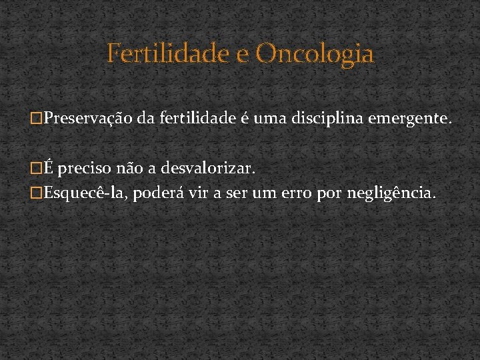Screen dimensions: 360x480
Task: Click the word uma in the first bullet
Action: point(264,119)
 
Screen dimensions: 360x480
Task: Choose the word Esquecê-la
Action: point(85,193)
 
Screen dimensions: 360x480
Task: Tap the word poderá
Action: point(153,193)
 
